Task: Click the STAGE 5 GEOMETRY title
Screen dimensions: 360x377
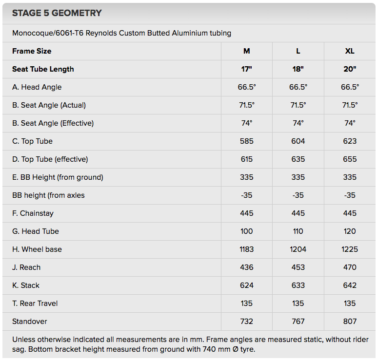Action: pos(57,13)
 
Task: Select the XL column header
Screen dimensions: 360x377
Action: pos(350,51)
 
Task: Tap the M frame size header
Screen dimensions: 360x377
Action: pos(247,51)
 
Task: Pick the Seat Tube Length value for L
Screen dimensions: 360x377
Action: pos(298,69)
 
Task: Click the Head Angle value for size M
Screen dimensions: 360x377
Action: pos(247,87)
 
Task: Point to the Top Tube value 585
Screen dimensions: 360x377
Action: pos(247,141)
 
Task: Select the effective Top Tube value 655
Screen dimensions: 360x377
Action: pos(350,159)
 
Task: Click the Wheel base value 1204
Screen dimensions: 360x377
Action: pos(298,249)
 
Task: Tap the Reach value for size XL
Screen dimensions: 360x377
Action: pos(350,267)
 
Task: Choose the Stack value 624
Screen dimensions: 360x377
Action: pos(247,285)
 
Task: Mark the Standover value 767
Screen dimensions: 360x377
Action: pos(298,322)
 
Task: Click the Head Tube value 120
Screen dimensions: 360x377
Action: pos(350,231)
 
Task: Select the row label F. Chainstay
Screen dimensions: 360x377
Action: pos(33,213)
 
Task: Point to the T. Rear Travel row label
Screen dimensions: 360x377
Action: pos(35,303)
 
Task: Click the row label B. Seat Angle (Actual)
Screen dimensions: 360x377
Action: pos(49,105)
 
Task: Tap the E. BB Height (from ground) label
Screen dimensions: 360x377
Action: pos(58,177)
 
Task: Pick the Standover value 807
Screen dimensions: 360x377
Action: pos(350,322)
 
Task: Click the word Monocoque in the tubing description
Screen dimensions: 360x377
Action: pos(32,33)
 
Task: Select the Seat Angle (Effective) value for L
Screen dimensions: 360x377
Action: pos(298,123)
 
